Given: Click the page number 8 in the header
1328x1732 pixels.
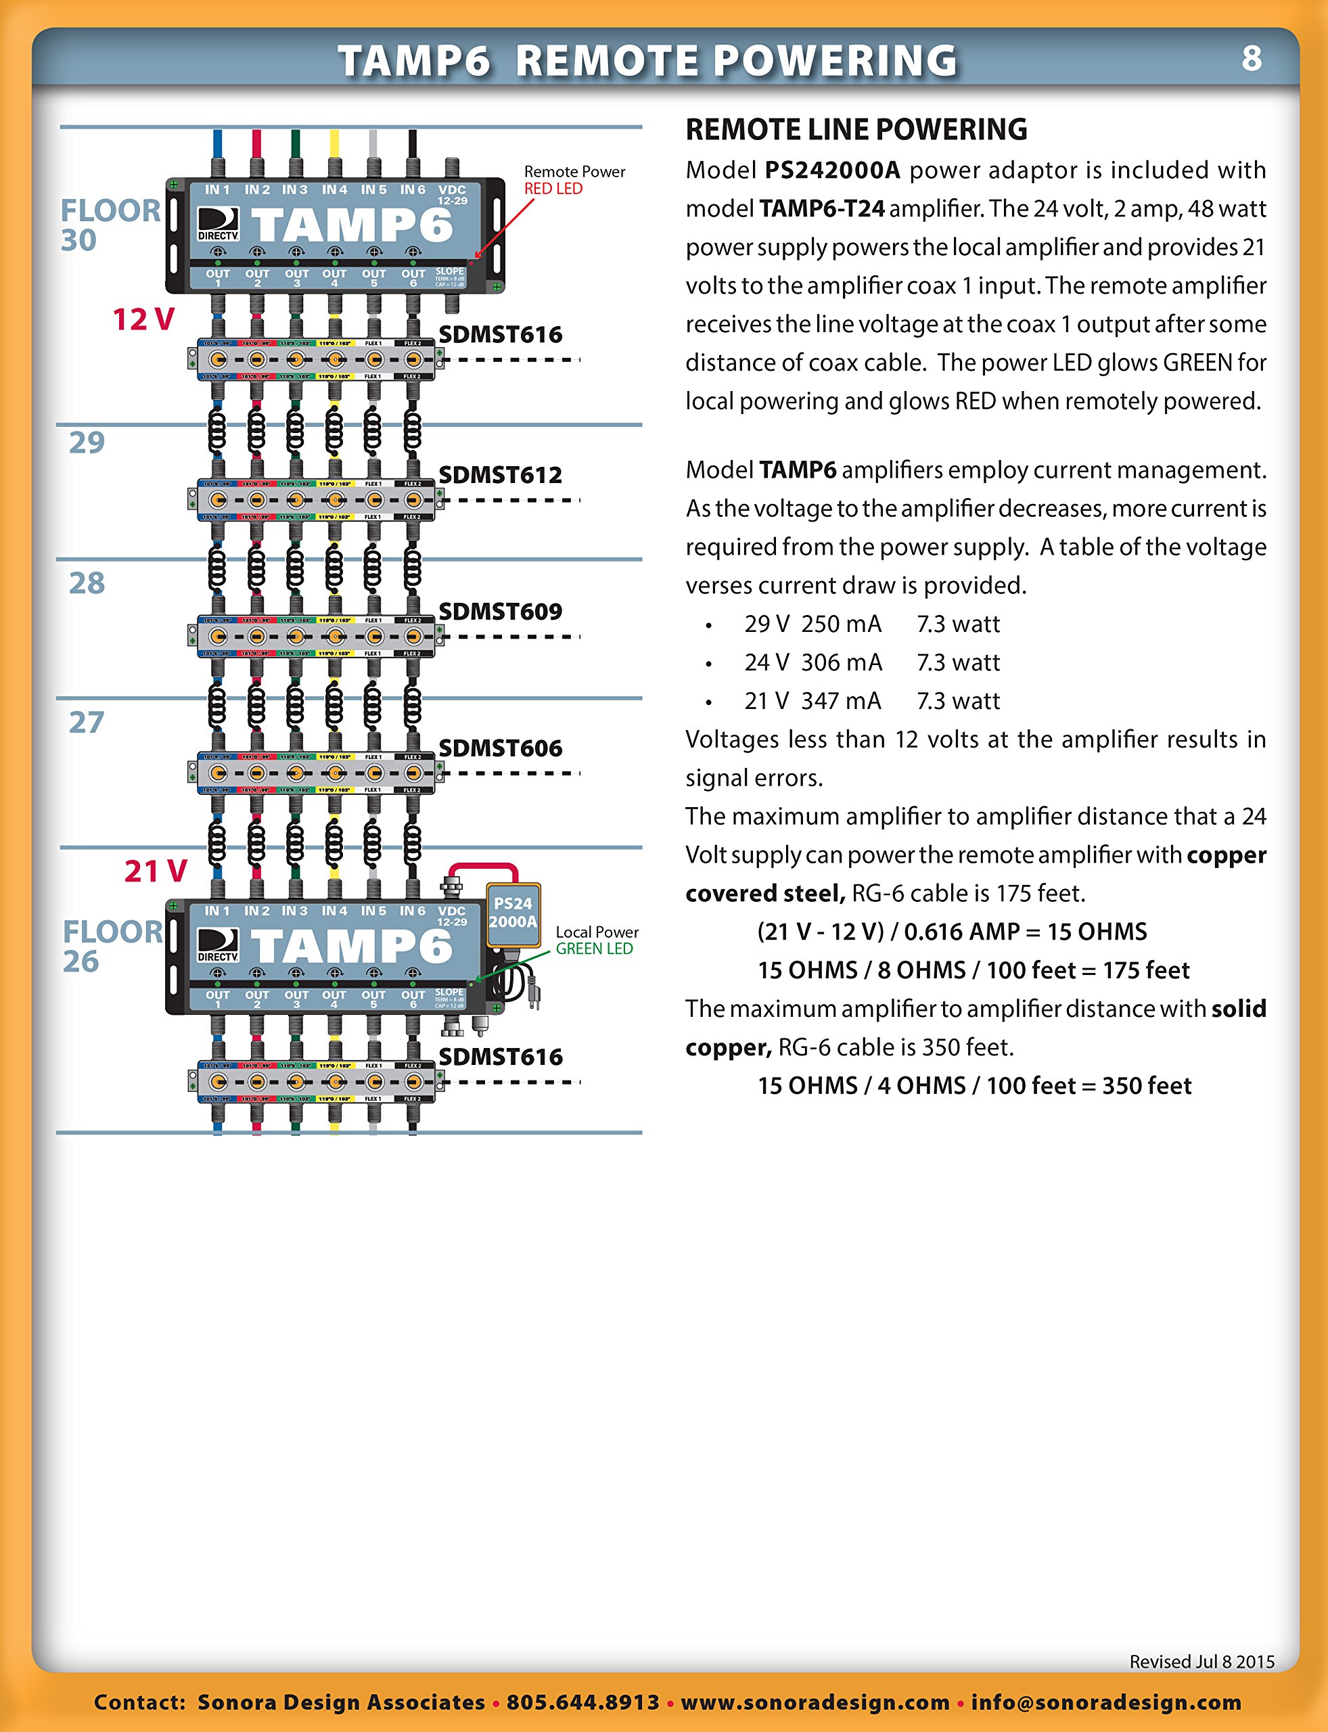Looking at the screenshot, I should [x=1252, y=58].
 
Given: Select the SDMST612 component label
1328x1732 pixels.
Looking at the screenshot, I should [x=501, y=475].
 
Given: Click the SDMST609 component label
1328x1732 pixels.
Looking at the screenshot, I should [x=501, y=611].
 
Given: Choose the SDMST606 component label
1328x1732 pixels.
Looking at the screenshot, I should [x=501, y=748].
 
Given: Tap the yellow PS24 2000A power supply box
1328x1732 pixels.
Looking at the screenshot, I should [x=513, y=913].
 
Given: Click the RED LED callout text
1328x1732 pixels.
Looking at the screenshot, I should [x=553, y=189].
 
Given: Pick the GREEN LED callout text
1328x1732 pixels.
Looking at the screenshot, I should [x=595, y=949].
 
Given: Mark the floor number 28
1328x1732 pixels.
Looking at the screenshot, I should [x=87, y=583].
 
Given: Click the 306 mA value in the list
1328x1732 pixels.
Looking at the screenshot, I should [x=841, y=662].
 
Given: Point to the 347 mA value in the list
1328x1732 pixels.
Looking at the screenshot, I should [x=841, y=701].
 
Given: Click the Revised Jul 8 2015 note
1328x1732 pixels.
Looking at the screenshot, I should [x=1201, y=1661].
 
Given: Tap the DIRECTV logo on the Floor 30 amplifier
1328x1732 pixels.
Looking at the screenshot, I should [x=218, y=225].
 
